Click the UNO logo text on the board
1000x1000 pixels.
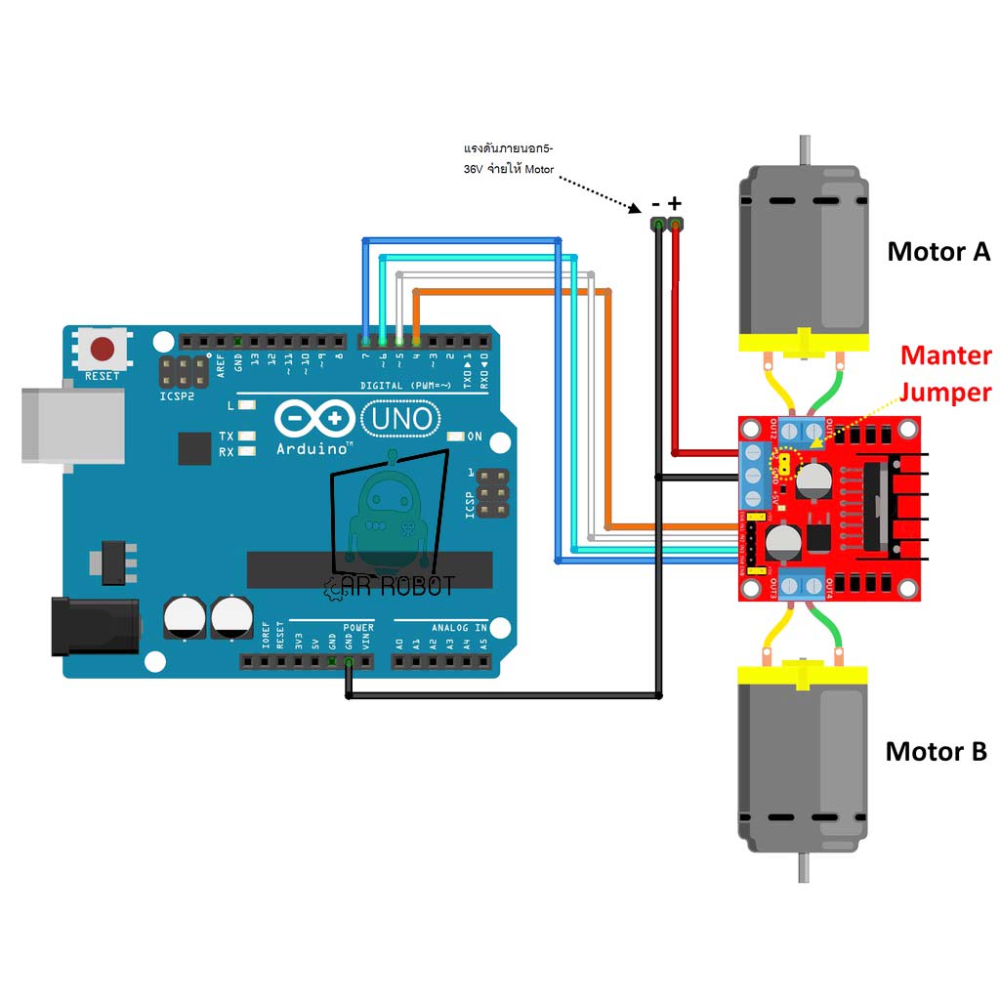click(x=398, y=420)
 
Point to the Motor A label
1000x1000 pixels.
click(x=937, y=251)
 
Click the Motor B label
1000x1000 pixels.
click(x=936, y=751)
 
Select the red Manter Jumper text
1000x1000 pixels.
click(x=944, y=374)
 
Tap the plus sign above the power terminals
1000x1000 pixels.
click(x=675, y=203)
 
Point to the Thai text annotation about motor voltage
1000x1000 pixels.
click(x=509, y=158)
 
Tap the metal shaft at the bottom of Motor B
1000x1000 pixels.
click(x=804, y=867)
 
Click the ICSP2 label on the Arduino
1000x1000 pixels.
click(x=177, y=397)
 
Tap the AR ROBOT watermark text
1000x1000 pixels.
click(x=390, y=586)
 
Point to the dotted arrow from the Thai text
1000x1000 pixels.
click(x=601, y=189)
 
